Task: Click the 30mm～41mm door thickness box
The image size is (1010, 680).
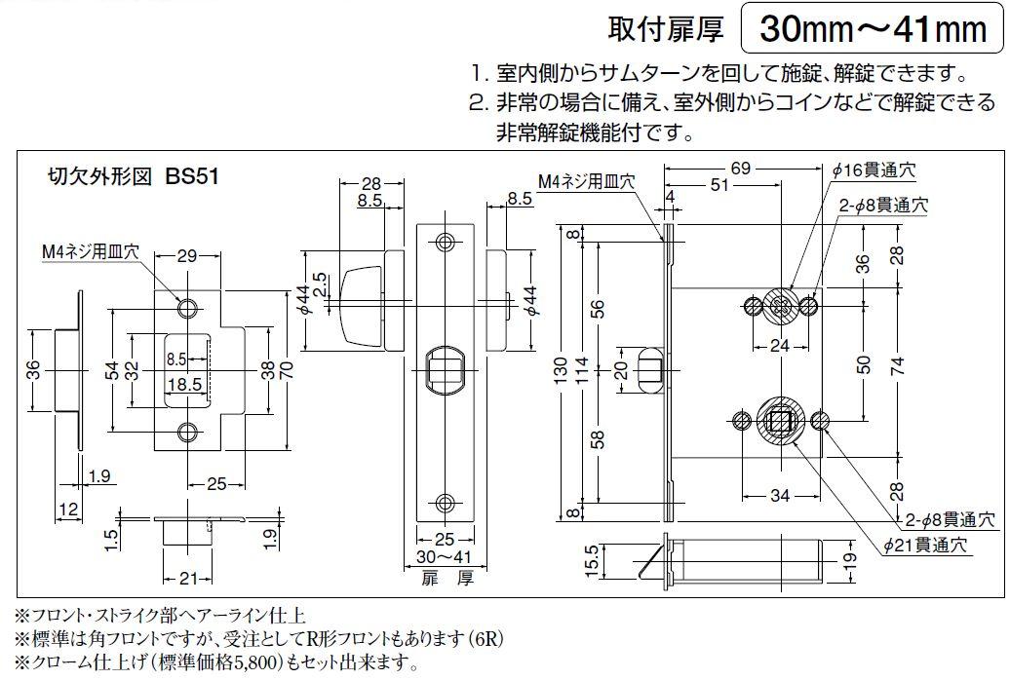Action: point(873,27)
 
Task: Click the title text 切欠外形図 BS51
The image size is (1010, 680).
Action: point(134,176)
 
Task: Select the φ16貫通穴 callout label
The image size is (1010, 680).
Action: point(873,170)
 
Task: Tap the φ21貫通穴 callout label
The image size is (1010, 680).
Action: point(925,546)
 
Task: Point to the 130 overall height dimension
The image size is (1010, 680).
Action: point(560,372)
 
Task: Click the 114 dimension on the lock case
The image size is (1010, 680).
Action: point(582,371)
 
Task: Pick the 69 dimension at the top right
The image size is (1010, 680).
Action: point(741,169)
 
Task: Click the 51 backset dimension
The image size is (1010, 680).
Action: point(719,185)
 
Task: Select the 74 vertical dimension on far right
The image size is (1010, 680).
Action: point(897,365)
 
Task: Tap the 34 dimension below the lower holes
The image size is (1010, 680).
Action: point(779,495)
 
